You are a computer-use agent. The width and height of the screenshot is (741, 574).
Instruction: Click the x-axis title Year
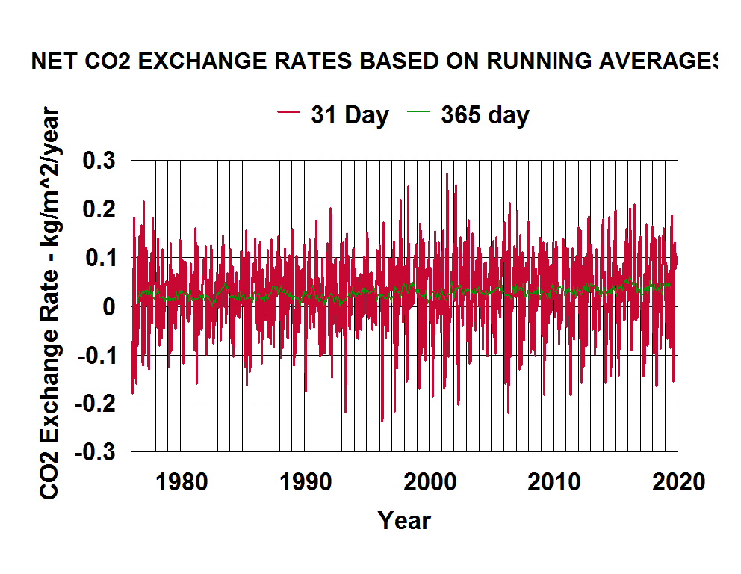[404, 520]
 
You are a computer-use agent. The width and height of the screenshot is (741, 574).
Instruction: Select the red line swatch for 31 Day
[289, 113]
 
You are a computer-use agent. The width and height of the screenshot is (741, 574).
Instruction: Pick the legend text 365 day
[485, 115]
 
